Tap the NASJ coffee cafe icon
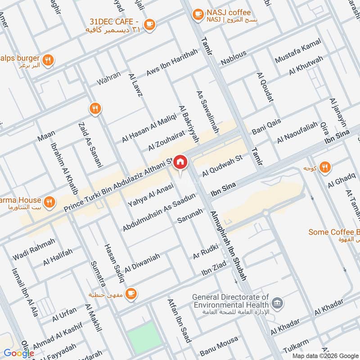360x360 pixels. pyautogui.click(x=197, y=15)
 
